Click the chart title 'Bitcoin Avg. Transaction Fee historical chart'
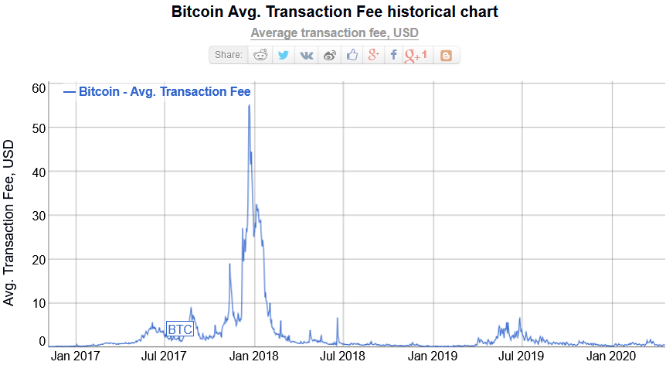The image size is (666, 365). click(334, 12)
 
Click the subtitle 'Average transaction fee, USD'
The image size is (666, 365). click(334, 33)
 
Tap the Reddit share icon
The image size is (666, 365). click(260, 55)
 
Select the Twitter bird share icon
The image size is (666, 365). click(284, 55)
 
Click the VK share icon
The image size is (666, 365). click(307, 55)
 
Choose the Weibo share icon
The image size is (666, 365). click(330, 55)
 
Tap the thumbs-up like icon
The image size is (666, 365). click(352, 55)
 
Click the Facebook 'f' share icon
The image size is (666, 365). click(393, 55)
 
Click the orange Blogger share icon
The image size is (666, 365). click(446, 55)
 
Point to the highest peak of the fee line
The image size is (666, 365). click(248, 105)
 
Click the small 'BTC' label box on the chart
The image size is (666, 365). click(180, 329)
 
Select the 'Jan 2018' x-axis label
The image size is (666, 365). click(254, 356)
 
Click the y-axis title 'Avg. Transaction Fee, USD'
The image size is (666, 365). click(9, 222)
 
